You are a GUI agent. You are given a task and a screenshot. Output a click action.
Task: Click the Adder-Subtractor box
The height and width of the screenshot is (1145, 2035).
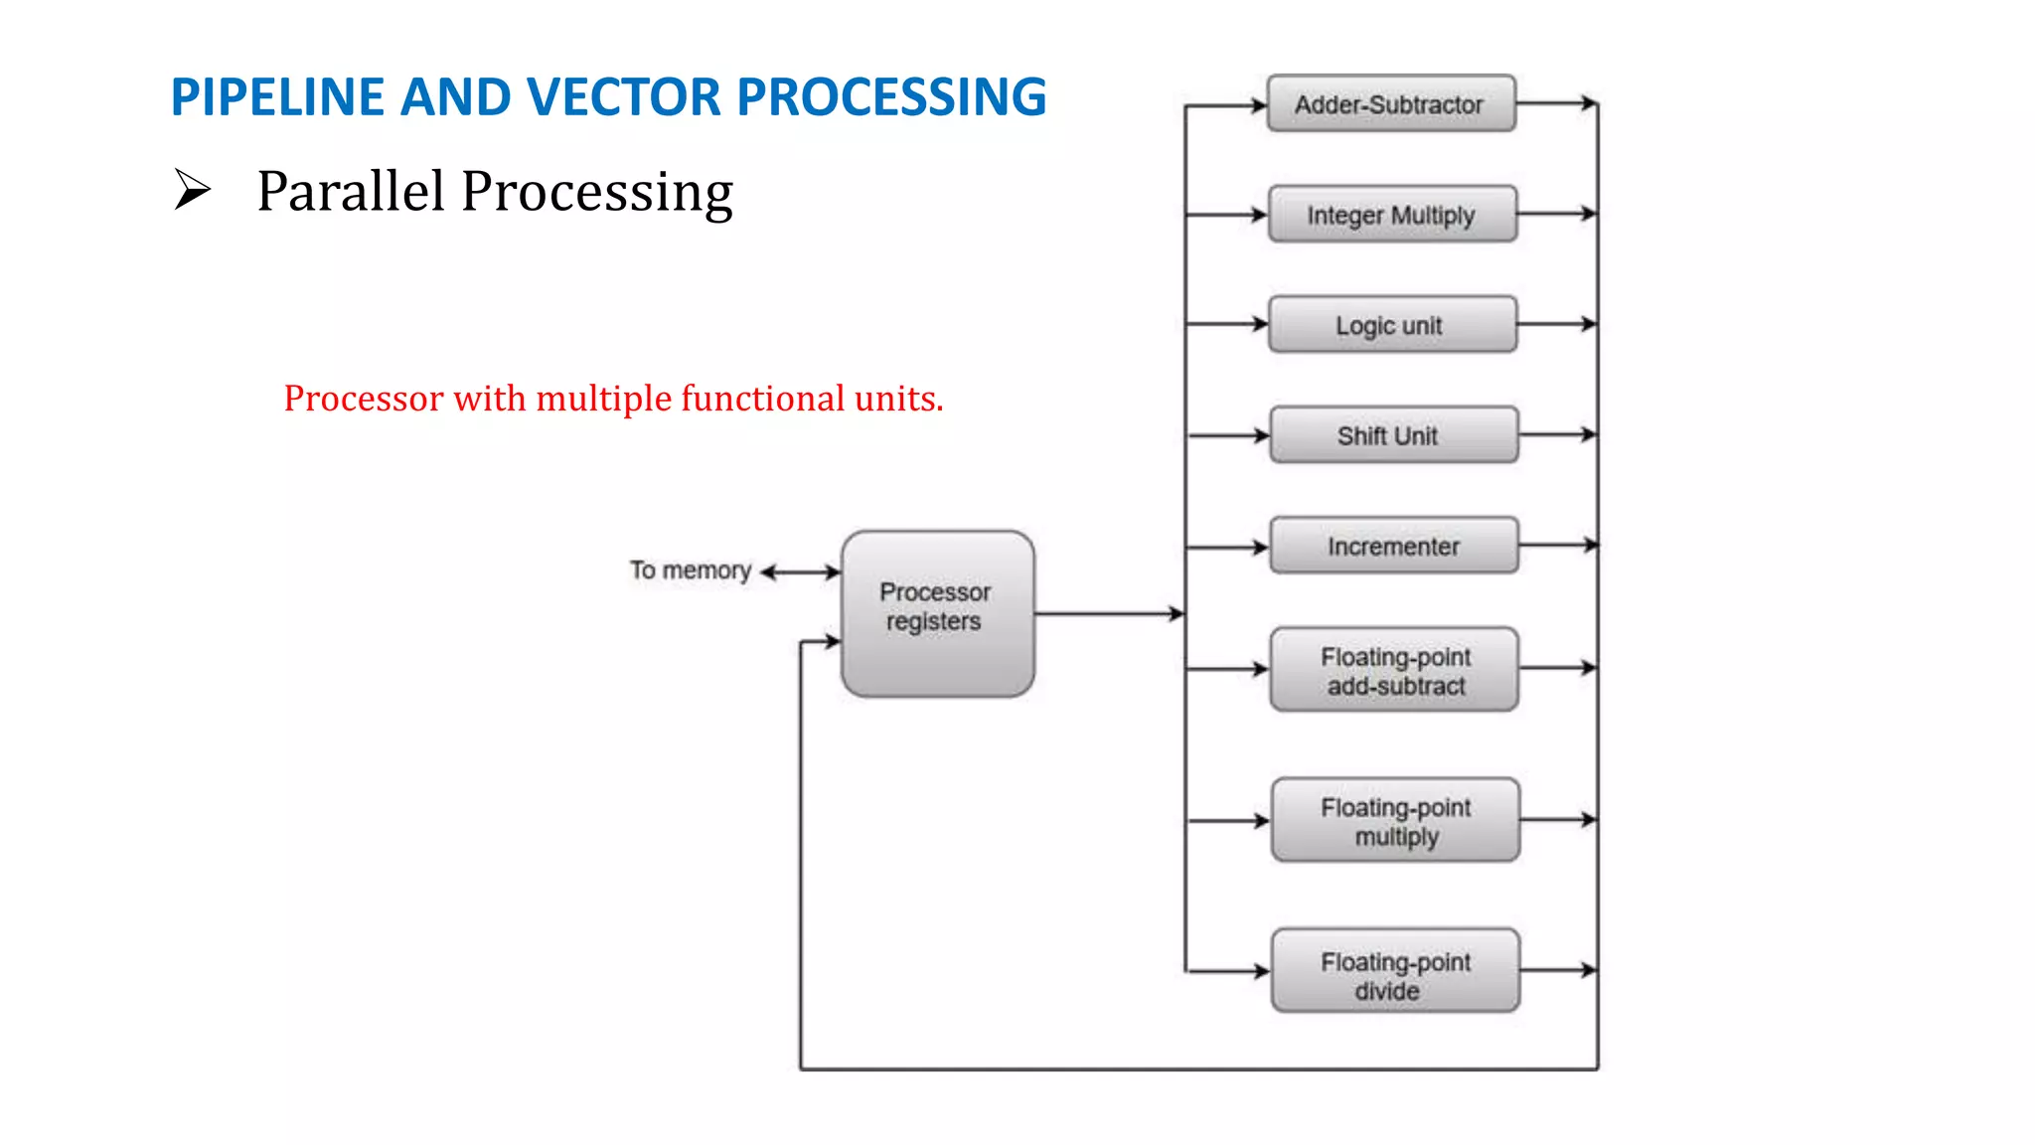pos(1390,103)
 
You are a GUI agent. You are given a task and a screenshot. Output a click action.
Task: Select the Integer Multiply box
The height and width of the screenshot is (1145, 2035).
pos(1392,214)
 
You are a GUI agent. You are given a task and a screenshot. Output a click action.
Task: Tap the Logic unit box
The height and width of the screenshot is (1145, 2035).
pos(1392,324)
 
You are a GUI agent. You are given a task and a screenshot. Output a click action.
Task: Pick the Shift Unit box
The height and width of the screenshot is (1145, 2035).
pos(1393,434)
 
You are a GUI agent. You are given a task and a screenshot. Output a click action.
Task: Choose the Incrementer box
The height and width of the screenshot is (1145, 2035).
pos(1393,545)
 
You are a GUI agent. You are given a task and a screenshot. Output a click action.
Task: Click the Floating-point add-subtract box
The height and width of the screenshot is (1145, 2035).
pos(1394,669)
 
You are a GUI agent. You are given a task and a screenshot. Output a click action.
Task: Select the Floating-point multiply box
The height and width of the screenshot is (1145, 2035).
pos(1395,820)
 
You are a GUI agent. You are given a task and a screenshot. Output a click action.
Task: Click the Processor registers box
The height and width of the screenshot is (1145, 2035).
pos(937,613)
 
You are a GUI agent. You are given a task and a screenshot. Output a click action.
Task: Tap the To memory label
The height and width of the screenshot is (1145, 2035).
pos(690,571)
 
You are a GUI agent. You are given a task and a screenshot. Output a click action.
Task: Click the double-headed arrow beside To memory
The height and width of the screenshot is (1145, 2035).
pos(800,572)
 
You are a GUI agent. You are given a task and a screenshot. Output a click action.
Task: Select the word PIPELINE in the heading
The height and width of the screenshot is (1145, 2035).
pos(277,97)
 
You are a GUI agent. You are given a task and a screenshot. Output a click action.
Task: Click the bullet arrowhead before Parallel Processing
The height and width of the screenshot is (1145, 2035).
pos(192,189)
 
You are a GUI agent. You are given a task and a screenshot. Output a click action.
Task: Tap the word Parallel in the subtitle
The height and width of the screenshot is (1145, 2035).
pos(350,191)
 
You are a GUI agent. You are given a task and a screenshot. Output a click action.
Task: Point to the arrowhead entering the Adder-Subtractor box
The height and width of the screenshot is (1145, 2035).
pos(1258,105)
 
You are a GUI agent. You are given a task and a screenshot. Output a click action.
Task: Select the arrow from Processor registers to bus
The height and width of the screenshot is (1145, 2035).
pos(1109,613)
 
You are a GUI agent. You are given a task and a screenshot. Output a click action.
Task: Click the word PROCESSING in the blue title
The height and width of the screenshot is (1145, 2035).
pos(891,97)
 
